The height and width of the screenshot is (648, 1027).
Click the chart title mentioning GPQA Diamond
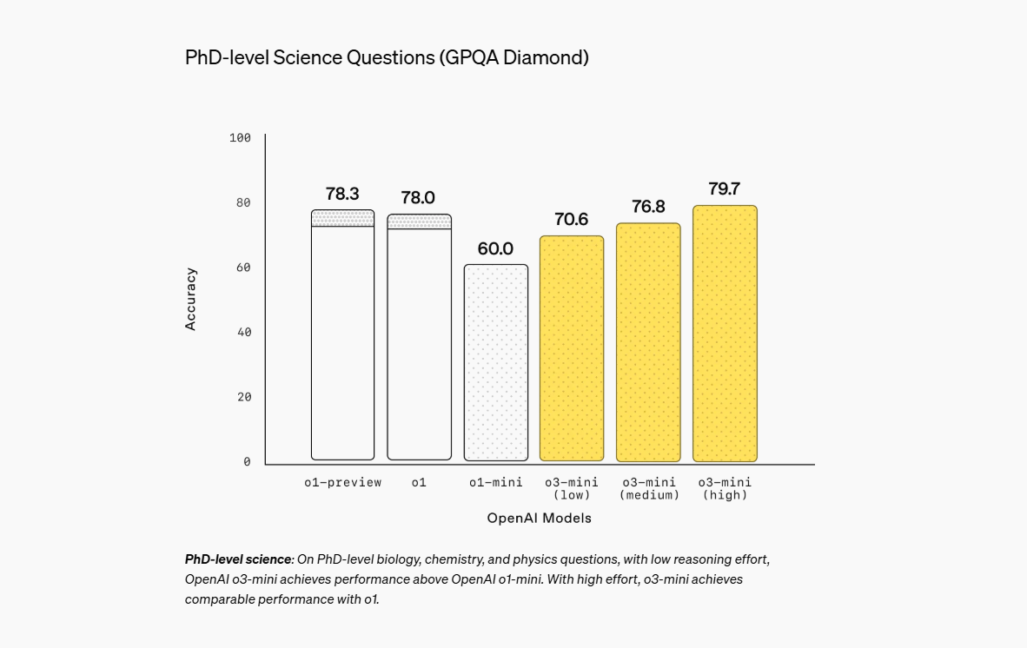[x=387, y=57]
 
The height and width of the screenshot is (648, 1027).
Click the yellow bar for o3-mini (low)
[x=572, y=347]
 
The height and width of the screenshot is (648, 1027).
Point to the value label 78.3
[x=342, y=194]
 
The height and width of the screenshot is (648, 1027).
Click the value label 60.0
[x=495, y=249]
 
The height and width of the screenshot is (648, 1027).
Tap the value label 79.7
[x=725, y=189]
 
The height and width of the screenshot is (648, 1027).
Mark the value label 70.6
[x=572, y=220]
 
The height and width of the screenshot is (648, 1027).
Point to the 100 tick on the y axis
[x=240, y=138]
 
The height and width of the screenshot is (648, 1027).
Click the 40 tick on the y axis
[x=243, y=332]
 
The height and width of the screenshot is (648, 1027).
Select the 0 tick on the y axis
[x=247, y=461]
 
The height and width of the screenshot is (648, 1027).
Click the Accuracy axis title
[x=191, y=299]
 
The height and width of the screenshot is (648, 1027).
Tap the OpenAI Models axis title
[x=539, y=519]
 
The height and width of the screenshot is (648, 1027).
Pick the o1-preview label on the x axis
[x=342, y=482]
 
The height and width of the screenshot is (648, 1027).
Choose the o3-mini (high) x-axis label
[x=725, y=488]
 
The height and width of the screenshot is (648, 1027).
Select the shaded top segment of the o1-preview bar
[x=342, y=218]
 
